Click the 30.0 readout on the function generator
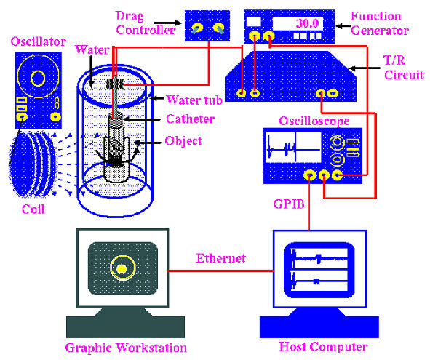coord(308,23)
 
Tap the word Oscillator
coord(39,41)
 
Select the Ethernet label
coord(220,258)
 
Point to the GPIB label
coord(289,204)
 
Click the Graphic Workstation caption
coord(126,348)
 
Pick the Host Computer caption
coord(323,347)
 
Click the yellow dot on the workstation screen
coord(122,269)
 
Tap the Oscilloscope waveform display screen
coord(293,147)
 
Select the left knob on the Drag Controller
coord(197,28)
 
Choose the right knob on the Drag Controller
coord(218,28)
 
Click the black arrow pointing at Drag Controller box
coord(168,23)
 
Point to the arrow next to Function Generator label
coord(343,26)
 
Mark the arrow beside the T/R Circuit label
coord(364,68)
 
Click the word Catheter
coord(191,119)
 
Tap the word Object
coord(183,141)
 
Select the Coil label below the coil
coord(33,209)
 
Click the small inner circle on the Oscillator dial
coord(38,78)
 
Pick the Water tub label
coord(194,100)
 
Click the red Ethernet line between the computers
coord(220,271)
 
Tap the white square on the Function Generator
coord(254,22)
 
